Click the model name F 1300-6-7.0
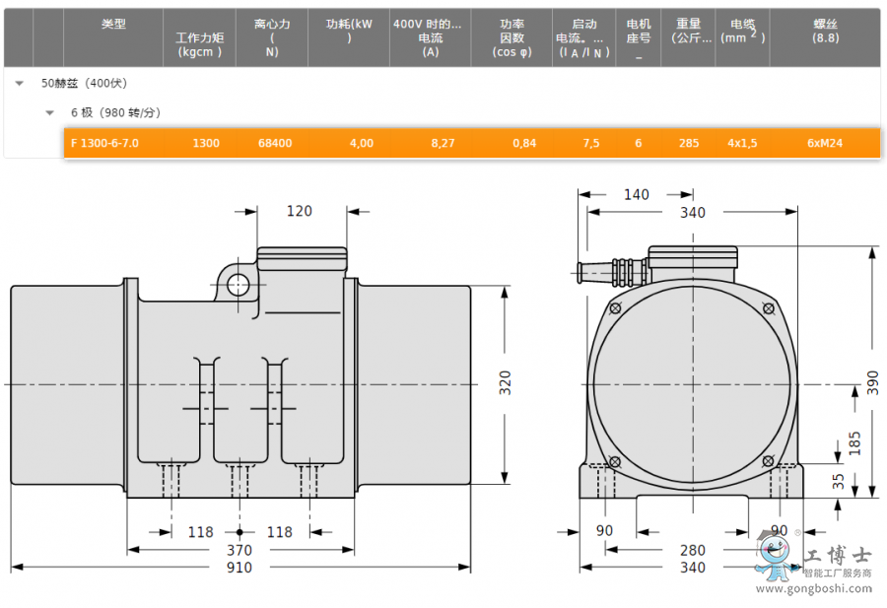[x=104, y=143]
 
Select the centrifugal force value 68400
[x=275, y=143]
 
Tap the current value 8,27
[x=443, y=143]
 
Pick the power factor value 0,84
[x=524, y=143]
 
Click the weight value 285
[x=689, y=143]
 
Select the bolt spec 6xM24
[x=825, y=143]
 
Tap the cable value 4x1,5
[x=742, y=143]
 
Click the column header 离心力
[x=272, y=24]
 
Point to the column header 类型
[x=113, y=24]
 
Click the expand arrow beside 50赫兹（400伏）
[x=20, y=84]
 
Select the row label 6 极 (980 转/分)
[x=115, y=112]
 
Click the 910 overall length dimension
[x=239, y=568]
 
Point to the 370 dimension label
[x=239, y=550]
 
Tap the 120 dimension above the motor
[x=299, y=211]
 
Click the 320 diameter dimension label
[x=506, y=383]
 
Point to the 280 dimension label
[x=693, y=550]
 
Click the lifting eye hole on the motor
[x=239, y=285]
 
